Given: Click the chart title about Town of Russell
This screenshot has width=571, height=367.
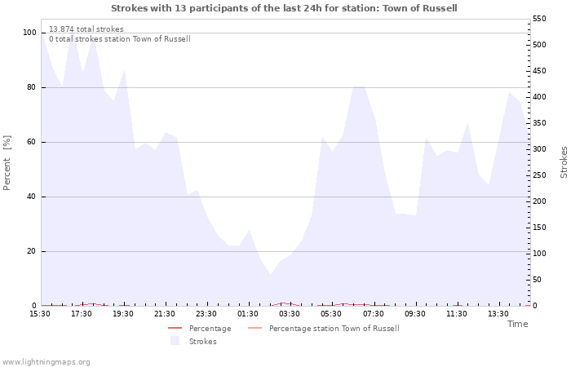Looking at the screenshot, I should (284, 8).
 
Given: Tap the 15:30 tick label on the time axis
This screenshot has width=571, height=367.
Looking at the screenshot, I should (40, 314).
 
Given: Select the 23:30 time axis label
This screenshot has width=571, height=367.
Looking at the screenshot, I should (207, 314).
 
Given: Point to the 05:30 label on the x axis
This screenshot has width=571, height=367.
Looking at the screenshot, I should (332, 314).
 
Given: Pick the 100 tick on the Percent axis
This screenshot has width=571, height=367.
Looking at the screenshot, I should (29, 33).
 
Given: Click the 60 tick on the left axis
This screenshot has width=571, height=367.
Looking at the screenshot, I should (32, 142).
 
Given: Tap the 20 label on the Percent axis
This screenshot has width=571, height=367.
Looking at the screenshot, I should (32, 251).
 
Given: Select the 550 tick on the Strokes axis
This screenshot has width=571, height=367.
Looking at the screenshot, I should (540, 18).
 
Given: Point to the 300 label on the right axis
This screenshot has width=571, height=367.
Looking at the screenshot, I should (540, 149).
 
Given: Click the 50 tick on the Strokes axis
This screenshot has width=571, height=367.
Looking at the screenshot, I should (538, 280).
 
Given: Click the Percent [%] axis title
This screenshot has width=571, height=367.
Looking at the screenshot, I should (7, 163).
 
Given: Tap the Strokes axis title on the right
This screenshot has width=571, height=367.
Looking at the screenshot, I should (564, 161).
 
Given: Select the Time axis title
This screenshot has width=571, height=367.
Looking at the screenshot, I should (517, 324).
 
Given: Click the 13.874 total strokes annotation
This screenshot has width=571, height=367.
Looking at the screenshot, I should (86, 29).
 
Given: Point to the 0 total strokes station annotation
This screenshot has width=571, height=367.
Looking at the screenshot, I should (119, 39).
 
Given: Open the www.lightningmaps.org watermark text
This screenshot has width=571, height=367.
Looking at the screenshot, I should (46, 362).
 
